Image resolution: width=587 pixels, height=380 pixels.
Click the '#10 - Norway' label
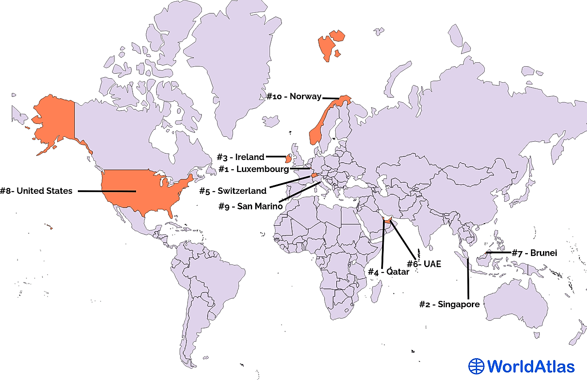point(294,96)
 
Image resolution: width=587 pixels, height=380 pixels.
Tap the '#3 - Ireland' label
point(241,157)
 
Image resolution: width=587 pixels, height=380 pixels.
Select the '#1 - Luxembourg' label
point(253,169)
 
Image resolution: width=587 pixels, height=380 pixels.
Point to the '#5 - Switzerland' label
point(233,191)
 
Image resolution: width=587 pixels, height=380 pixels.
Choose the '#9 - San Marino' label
point(250,206)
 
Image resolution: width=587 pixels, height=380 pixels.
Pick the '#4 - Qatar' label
point(388,272)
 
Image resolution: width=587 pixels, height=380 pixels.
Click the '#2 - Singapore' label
point(450,304)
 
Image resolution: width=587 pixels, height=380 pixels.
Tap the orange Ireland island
point(288,158)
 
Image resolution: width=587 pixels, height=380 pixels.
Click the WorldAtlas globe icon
point(476,366)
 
